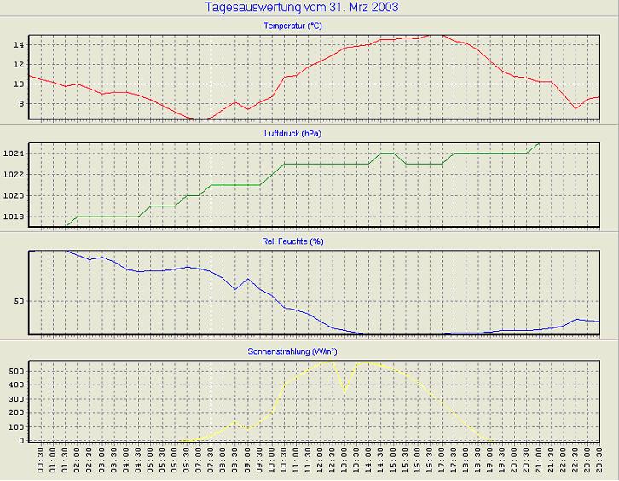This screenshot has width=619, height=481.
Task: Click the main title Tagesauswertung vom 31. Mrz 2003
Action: (x=302, y=8)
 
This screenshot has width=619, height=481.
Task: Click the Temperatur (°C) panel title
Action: (x=292, y=26)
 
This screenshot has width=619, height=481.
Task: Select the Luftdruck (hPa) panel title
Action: (x=292, y=134)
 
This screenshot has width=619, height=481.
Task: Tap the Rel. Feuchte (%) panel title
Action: (x=292, y=241)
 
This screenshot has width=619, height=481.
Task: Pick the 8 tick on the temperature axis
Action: (x=20, y=104)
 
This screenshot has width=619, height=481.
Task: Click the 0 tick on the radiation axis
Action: (x=20, y=441)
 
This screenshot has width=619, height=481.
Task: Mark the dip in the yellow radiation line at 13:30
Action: (x=344, y=391)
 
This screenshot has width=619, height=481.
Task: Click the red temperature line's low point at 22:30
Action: (x=576, y=109)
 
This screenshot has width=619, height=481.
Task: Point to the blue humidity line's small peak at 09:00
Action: (x=247, y=279)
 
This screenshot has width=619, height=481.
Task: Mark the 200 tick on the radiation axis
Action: (x=14, y=413)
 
